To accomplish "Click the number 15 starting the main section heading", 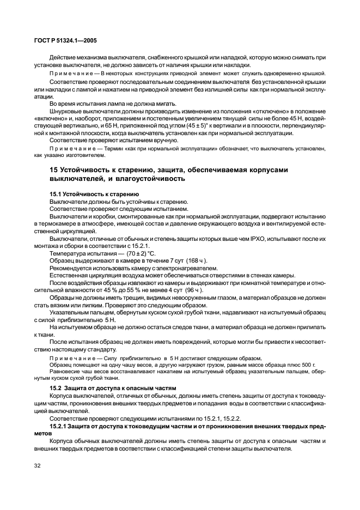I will click(x=54, y=171).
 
